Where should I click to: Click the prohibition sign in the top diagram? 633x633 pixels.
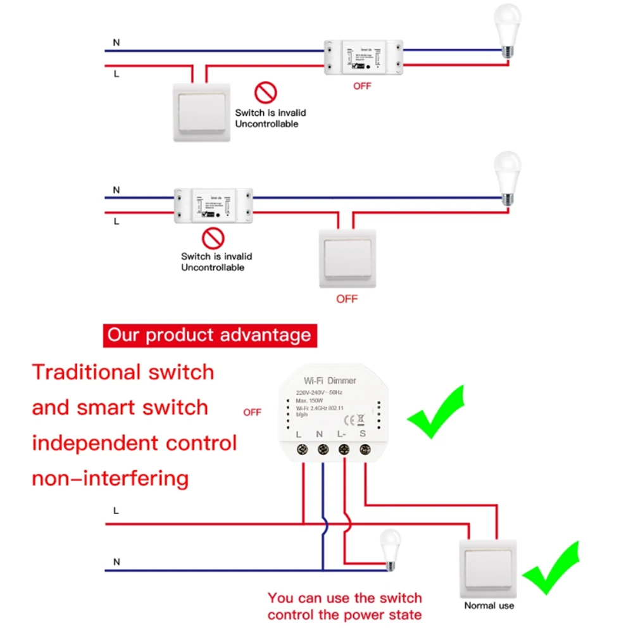(266, 93)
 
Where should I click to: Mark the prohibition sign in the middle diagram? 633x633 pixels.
(213, 238)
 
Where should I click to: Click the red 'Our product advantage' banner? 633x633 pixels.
(210, 335)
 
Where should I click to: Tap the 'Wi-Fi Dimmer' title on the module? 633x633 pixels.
(330, 380)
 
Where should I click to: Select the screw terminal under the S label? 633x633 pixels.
(365, 450)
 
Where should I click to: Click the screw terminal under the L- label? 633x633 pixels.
(344, 450)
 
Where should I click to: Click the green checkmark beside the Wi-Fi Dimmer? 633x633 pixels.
(437, 411)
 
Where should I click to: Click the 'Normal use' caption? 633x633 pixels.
(489, 606)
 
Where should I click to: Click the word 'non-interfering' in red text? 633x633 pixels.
(111, 477)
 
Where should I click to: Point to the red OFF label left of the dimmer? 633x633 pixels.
(252, 413)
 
